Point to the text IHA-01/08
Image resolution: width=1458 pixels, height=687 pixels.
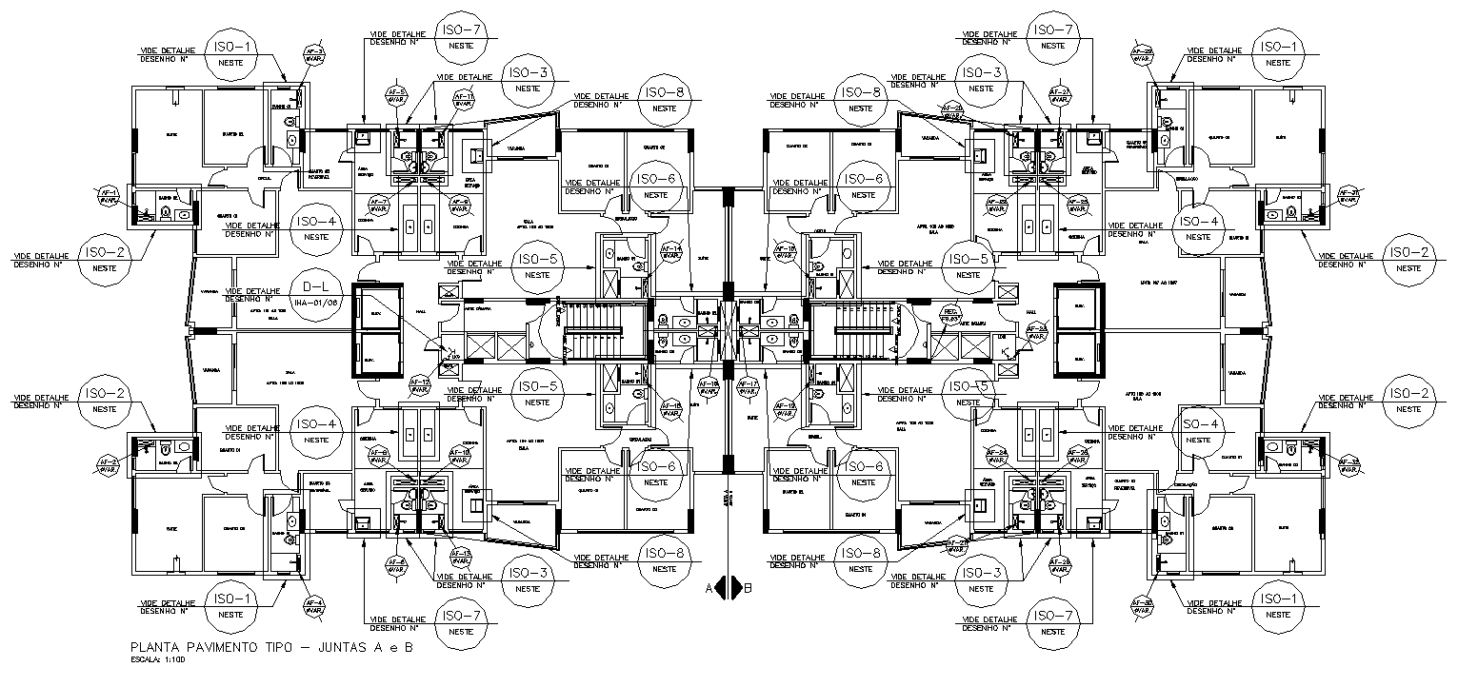[x=315, y=303]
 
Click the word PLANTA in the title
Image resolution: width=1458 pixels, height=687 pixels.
[x=154, y=647]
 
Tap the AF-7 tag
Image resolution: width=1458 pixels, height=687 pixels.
[x=379, y=205]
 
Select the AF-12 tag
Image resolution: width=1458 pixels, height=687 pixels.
[x=419, y=385]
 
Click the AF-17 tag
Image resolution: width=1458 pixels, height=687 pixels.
[x=748, y=387]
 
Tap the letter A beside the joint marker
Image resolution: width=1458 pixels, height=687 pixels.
[x=709, y=588]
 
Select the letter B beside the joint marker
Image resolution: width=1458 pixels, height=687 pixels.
[x=748, y=588]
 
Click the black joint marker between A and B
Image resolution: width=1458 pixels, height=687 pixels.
[x=728, y=587]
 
